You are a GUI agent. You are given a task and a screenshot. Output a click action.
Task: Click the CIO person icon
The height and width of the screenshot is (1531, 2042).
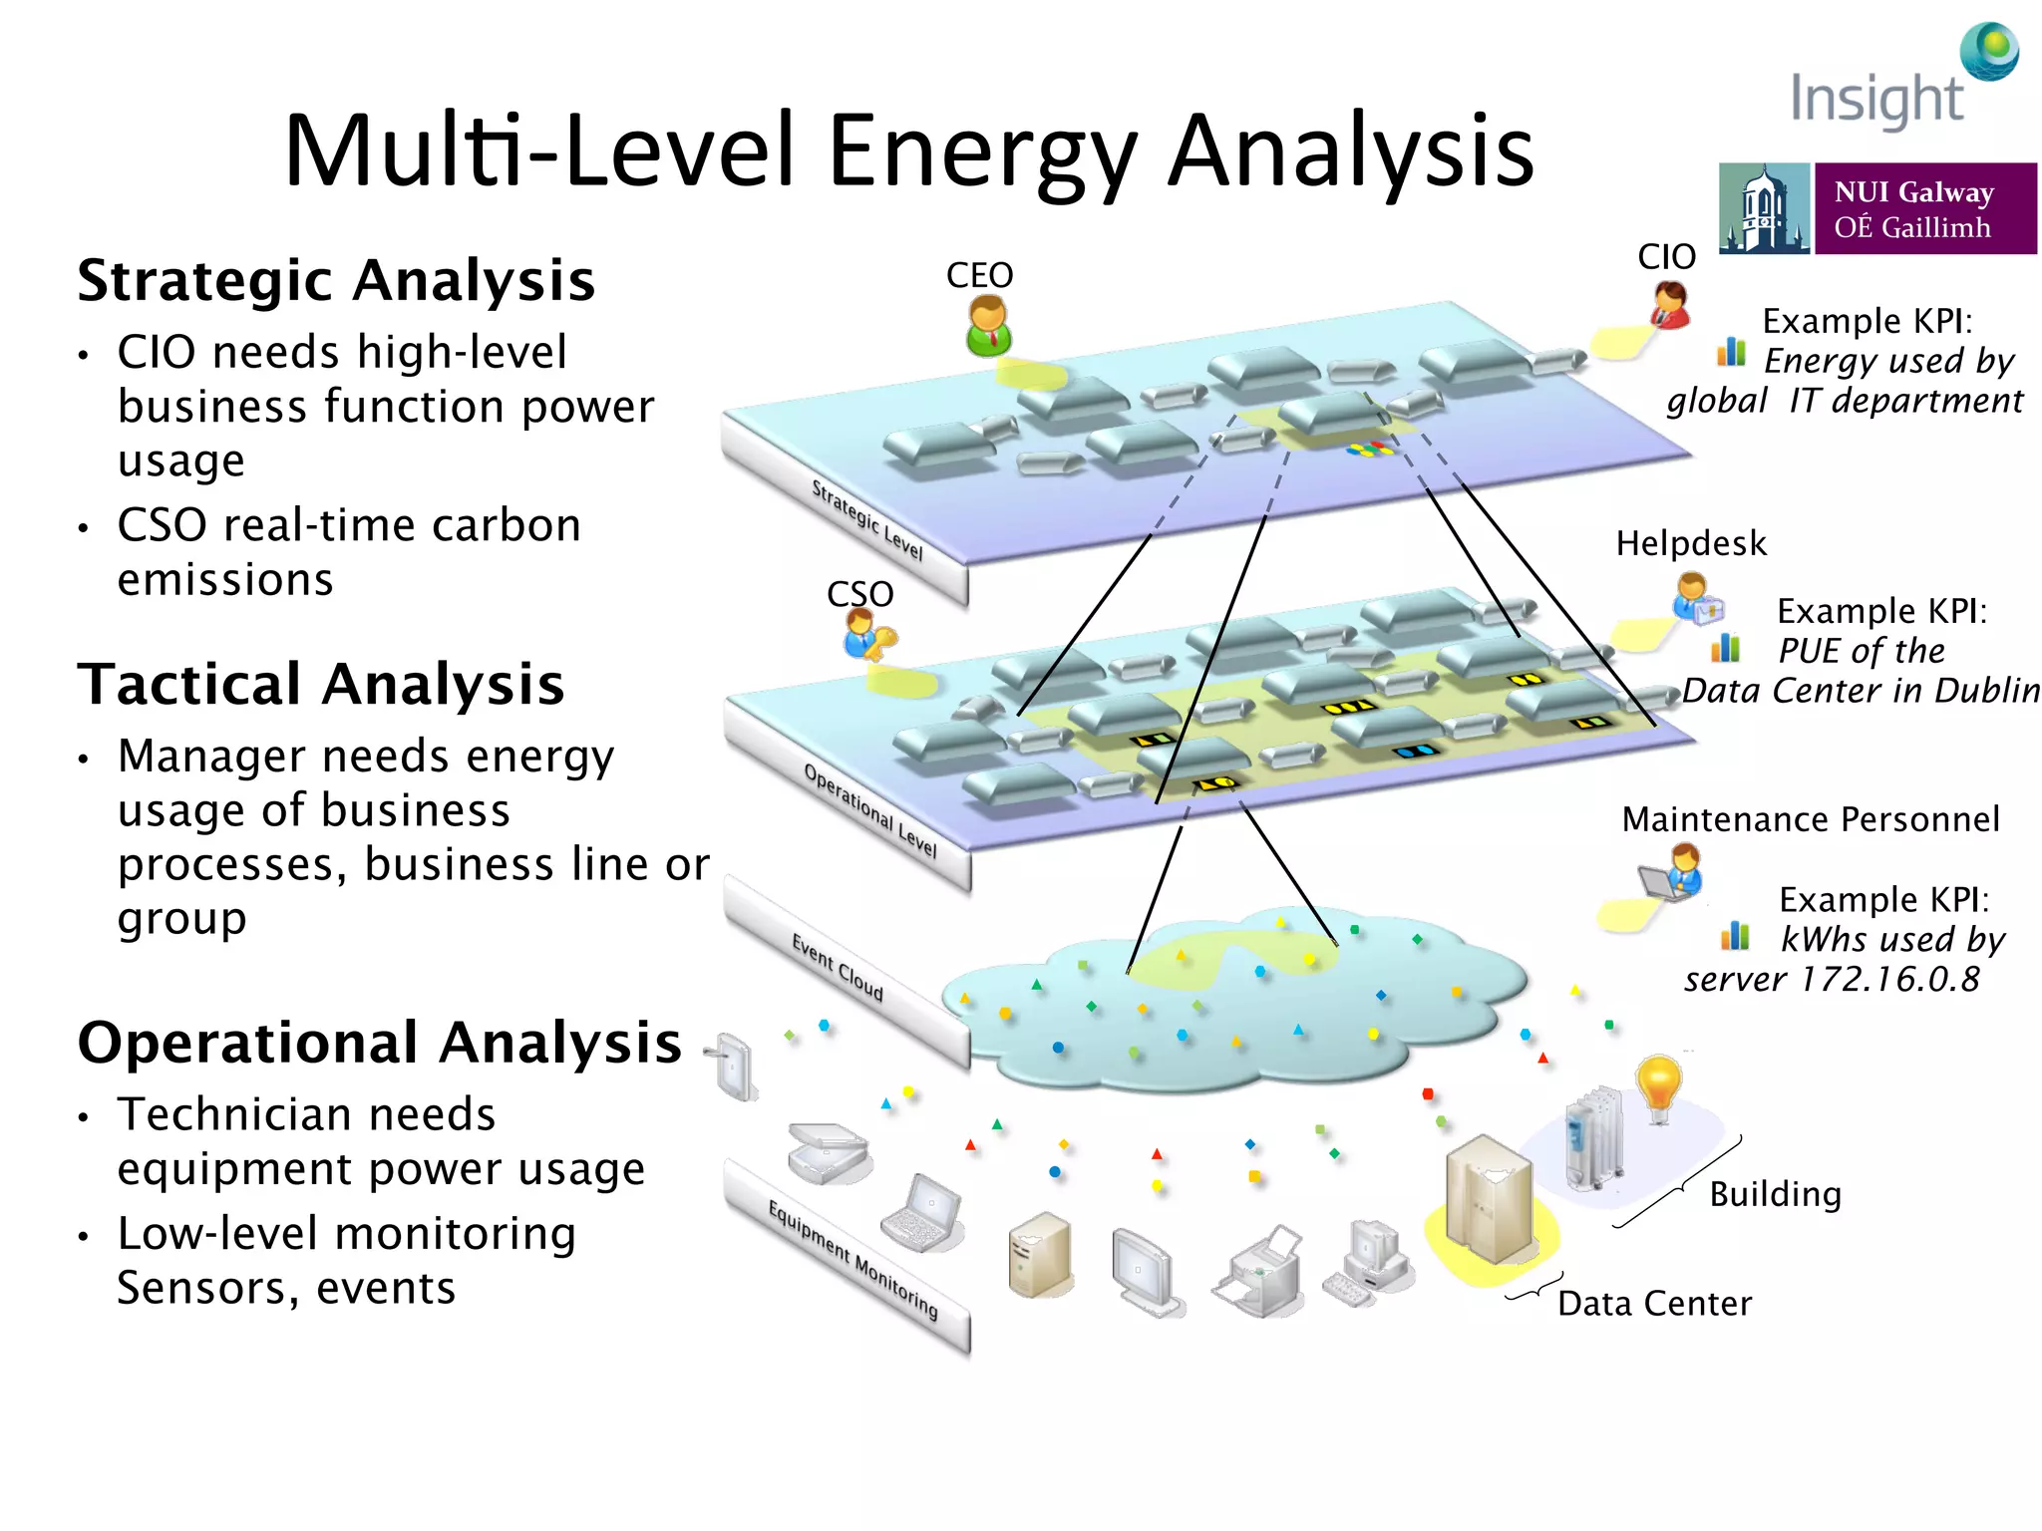click(x=1670, y=304)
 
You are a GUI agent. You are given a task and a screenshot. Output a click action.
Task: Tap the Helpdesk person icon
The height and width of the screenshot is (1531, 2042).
click(x=1694, y=598)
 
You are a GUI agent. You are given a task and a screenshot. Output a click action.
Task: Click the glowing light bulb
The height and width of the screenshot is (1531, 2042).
click(x=1658, y=1086)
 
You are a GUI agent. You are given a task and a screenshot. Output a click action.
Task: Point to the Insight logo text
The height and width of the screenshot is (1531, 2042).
click(x=1876, y=100)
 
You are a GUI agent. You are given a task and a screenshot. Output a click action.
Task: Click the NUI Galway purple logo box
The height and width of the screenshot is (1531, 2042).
click(x=1924, y=208)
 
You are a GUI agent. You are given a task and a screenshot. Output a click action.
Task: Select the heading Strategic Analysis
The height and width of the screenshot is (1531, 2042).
click(x=336, y=280)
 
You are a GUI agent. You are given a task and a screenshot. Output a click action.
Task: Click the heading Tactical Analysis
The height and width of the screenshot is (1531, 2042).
click(x=321, y=685)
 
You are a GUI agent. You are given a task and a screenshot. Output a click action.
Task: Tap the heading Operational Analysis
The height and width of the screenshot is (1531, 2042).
click(x=379, y=1043)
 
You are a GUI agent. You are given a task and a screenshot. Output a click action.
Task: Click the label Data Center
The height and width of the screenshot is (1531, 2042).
click(x=1654, y=1303)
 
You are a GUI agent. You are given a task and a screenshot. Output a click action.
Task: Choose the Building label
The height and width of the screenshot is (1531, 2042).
click(x=1775, y=1193)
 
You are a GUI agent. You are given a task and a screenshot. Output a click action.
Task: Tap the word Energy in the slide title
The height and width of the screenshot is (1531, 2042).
click(x=982, y=152)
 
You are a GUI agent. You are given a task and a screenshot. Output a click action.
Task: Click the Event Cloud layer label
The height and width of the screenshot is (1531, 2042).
click(x=838, y=967)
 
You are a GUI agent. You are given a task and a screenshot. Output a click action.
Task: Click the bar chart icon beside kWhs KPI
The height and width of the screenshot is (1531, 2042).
click(x=1735, y=936)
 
